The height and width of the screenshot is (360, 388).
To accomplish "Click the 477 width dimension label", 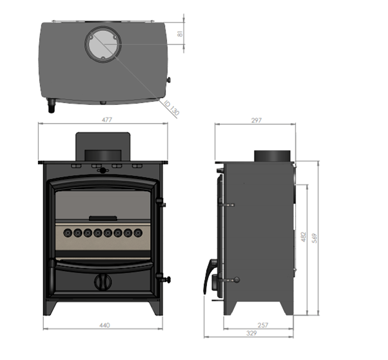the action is [107, 120].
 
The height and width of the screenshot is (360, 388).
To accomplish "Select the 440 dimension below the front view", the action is [104, 325].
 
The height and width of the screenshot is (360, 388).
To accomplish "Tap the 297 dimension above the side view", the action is [257, 120].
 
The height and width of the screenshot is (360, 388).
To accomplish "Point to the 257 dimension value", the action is [263, 325].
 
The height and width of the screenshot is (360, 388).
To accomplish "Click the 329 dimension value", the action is [251, 334].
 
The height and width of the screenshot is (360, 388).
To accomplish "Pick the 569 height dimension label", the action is [315, 238].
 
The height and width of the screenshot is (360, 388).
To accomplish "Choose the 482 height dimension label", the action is [304, 237].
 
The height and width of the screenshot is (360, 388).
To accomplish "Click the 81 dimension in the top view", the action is [180, 34].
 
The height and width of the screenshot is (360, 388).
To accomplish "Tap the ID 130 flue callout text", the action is [171, 108].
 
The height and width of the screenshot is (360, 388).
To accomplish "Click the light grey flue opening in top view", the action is [103, 44].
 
